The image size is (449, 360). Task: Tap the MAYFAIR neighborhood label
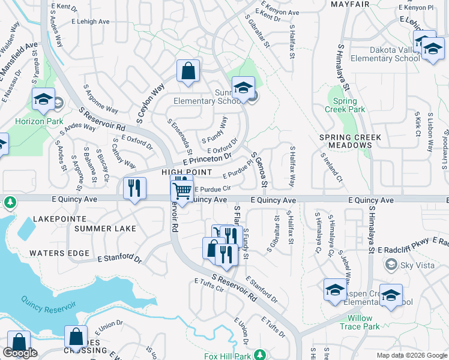click(x=349, y=4)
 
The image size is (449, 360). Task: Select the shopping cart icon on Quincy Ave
click(x=182, y=193)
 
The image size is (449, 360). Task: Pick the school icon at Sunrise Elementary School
click(x=243, y=88)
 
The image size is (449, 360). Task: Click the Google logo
click(x=20, y=353)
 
